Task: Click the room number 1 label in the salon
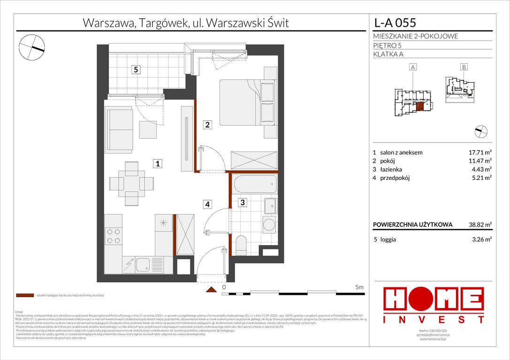click(159, 164)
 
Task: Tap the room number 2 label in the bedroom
click(207, 125)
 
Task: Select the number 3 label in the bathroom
click(242, 203)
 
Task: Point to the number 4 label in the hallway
click(207, 204)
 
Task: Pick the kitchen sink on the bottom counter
click(143, 266)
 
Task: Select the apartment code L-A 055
click(395, 22)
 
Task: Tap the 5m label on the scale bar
click(360, 287)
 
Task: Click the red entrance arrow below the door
click(212, 290)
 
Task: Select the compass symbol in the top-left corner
click(32, 47)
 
